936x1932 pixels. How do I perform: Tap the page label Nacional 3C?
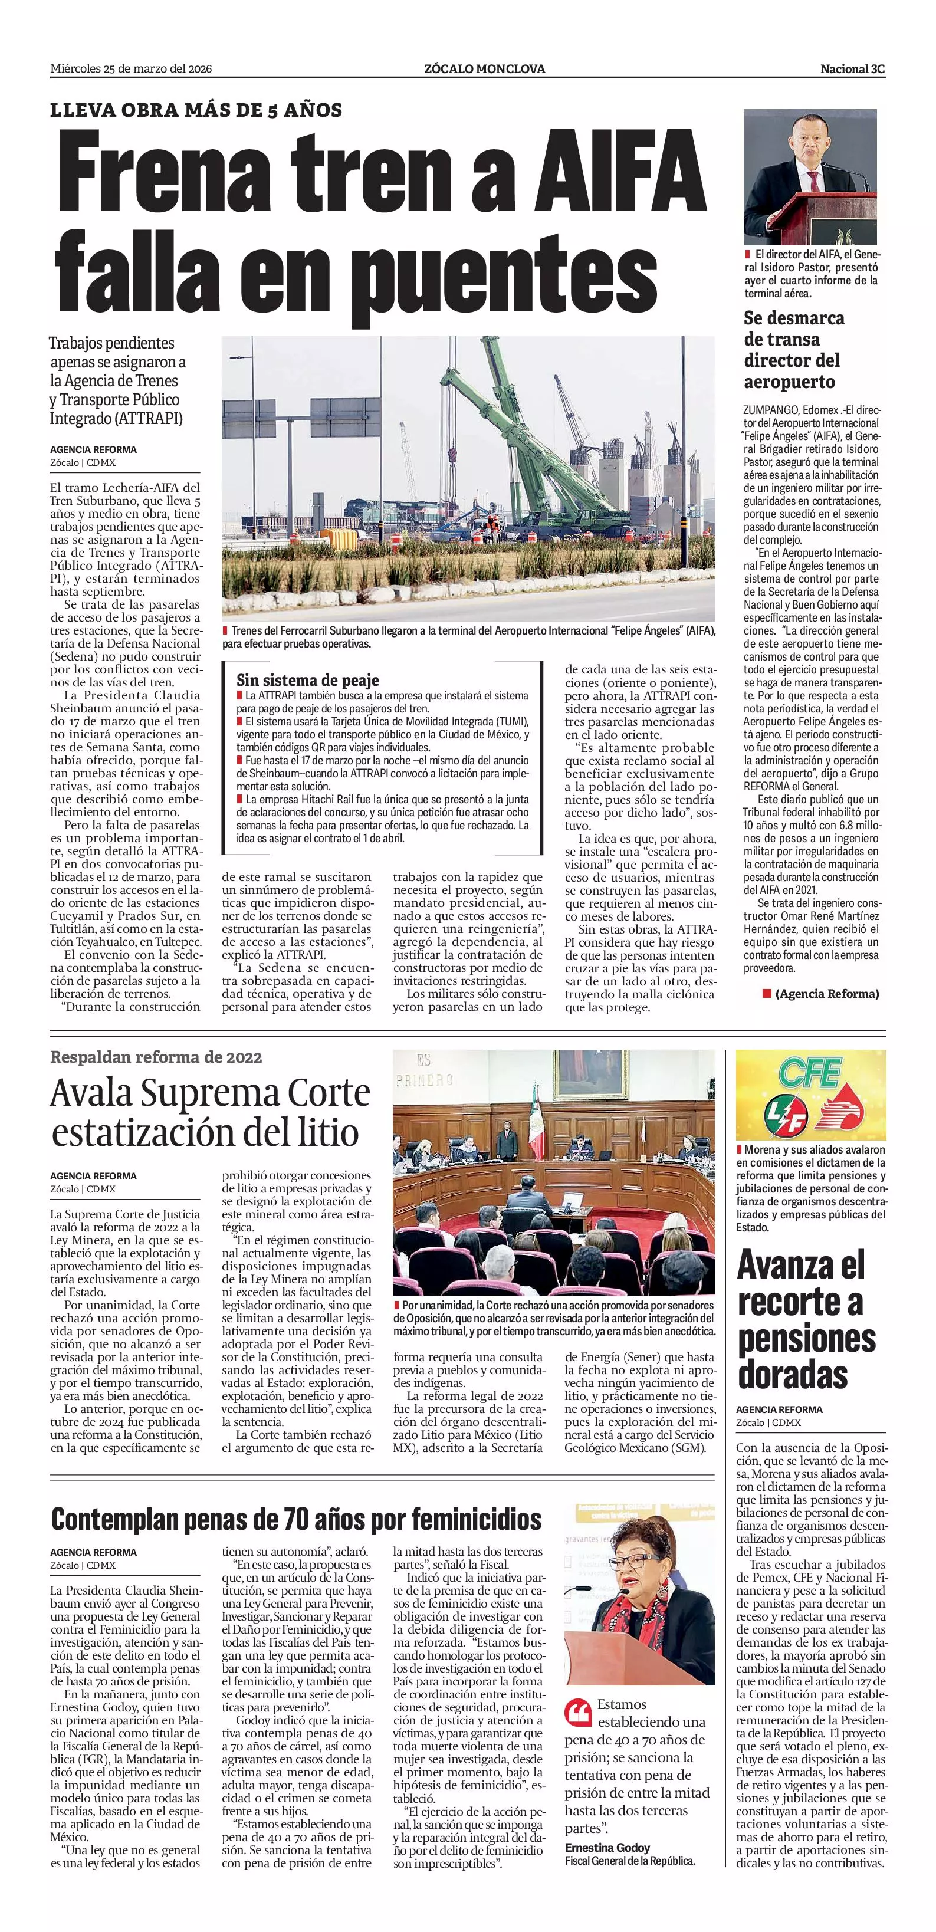tap(852, 69)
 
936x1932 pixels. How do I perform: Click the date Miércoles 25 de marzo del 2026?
tap(132, 69)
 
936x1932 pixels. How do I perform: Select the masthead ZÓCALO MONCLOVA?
tap(484, 69)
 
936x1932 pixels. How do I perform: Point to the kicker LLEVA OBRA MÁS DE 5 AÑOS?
tap(196, 110)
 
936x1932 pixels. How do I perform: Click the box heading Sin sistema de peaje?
tap(307, 680)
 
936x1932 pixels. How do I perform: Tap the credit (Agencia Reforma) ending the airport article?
tap(826, 994)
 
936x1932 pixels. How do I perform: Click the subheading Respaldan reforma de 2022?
tap(156, 1057)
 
